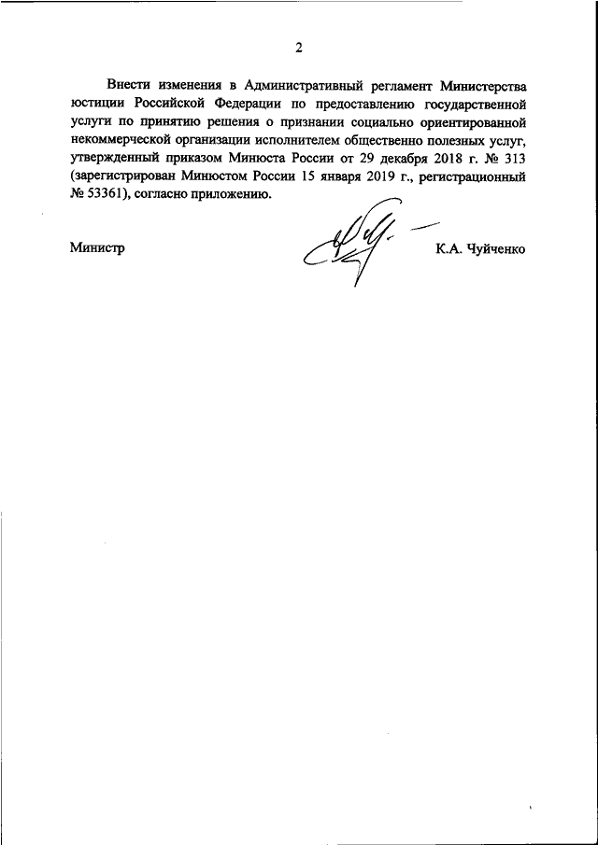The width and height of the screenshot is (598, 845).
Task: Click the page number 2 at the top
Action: point(299,48)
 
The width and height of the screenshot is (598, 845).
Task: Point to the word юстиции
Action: point(96,104)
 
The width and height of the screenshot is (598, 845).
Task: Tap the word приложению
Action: point(237,195)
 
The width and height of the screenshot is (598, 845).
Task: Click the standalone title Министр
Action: point(97,248)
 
